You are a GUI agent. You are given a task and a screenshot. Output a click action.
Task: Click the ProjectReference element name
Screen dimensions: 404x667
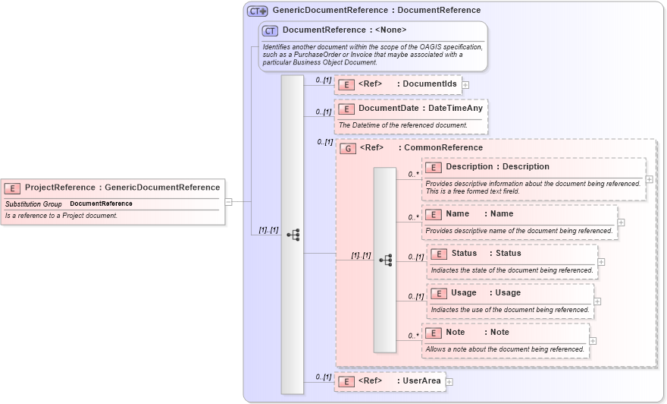pos(61,188)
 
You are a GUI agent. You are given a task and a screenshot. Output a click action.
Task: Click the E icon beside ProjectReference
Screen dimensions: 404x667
pos(12,188)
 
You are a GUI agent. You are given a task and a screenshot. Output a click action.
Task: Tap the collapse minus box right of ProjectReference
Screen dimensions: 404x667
pos(228,202)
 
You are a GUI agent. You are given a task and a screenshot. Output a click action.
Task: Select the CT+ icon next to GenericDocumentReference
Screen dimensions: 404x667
pos(257,11)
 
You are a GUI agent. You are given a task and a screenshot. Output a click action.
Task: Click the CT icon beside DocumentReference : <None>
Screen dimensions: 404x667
pos(270,30)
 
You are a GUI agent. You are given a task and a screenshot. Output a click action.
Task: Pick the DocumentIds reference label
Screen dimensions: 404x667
pos(429,84)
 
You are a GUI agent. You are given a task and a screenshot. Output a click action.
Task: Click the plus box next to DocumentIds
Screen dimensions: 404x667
pos(465,85)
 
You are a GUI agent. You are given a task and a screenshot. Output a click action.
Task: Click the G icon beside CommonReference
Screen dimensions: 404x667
pos(348,148)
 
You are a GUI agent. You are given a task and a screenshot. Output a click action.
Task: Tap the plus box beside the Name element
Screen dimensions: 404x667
pos(621,223)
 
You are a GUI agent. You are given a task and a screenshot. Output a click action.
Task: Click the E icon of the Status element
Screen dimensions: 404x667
pos(438,254)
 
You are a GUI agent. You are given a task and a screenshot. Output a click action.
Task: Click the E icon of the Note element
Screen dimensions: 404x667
pos(433,333)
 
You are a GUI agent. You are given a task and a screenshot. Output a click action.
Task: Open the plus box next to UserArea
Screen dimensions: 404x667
pos(449,382)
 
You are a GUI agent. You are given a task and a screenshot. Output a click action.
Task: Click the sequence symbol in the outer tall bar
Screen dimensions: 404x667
pos(293,235)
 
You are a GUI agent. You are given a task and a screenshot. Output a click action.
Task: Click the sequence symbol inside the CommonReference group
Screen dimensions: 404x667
pos(385,260)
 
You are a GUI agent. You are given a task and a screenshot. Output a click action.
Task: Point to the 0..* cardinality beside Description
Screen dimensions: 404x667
pos(414,174)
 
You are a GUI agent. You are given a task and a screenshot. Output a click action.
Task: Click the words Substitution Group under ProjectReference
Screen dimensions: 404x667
pos(33,204)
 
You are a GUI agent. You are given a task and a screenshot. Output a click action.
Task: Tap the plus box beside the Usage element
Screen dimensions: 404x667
pos(597,301)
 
